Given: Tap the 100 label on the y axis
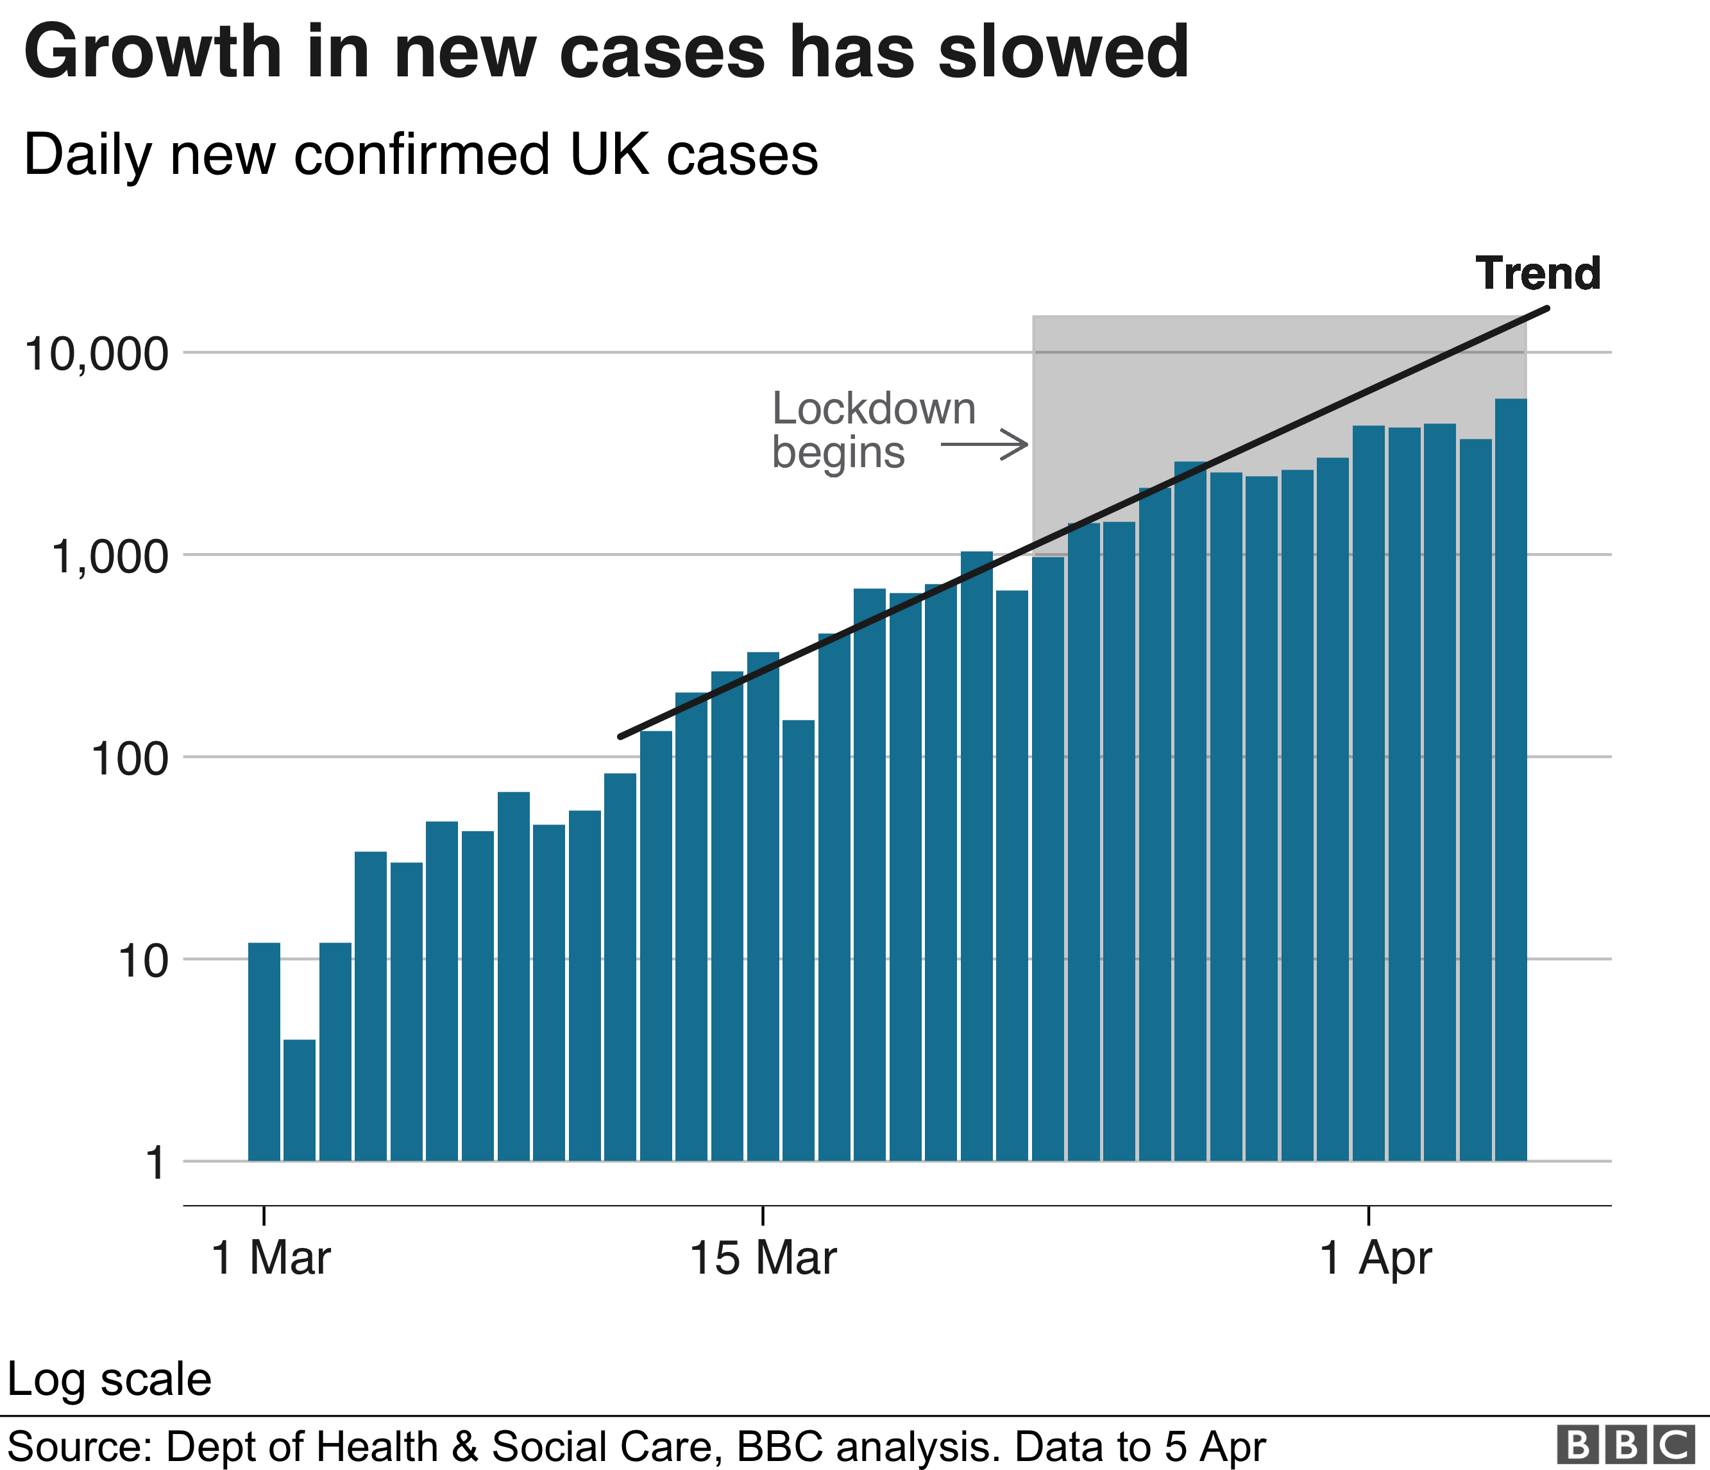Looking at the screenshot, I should pyautogui.click(x=129, y=759).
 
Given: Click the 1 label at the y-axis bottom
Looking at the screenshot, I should pyautogui.click(x=155, y=1164).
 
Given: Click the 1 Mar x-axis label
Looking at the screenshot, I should pyautogui.click(x=271, y=1259).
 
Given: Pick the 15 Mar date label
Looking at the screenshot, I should pyautogui.click(x=763, y=1259).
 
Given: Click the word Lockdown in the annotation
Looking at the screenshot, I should pyautogui.click(x=873, y=409).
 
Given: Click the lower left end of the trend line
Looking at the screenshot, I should pyautogui.click(x=622, y=735).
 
